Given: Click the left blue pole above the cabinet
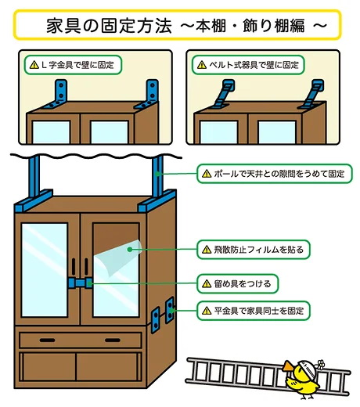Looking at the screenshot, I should (34, 181).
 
